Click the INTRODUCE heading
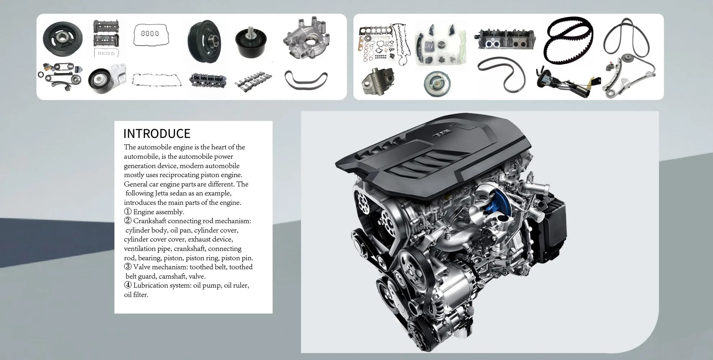coord(157,134)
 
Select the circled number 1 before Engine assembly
coord(128,212)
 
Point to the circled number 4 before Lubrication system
coord(128,285)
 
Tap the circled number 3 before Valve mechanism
coord(128,267)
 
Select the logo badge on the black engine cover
coord(442,134)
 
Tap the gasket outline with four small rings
coord(150,34)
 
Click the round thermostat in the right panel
coord(437,84)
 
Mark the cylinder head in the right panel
coord(505,39)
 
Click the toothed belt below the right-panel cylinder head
coord(502,75)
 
